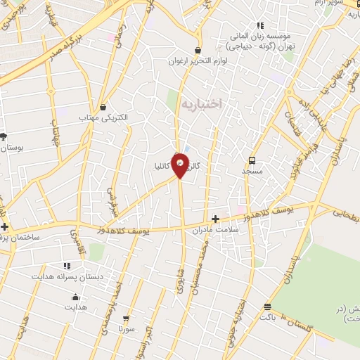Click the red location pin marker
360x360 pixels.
[181, 165]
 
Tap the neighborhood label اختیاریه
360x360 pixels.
[201, 103]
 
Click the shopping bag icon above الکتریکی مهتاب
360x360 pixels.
[103, 108]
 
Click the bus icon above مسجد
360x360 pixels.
[252, 160]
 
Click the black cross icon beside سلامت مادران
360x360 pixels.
[215, 219]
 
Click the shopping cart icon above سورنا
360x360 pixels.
[126, 319]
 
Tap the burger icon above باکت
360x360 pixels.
[267, 307]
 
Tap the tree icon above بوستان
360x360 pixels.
[4, 136]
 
